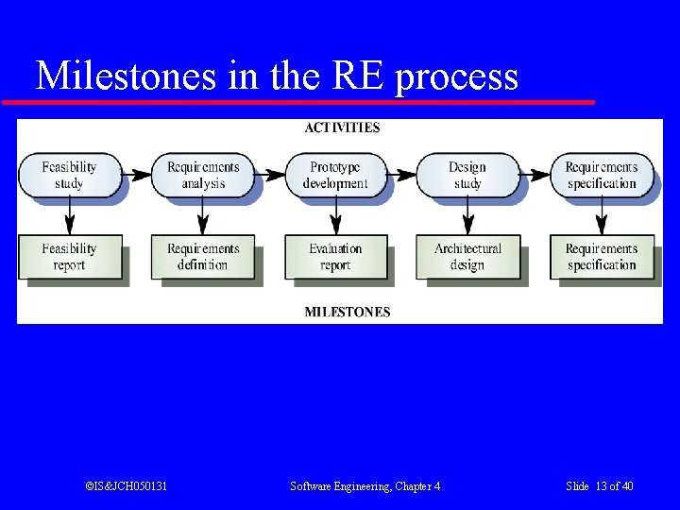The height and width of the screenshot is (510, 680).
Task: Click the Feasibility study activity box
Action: pyautogui.click(x=69, y=175)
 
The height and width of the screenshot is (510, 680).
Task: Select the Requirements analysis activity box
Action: pyautogui.click(x=203, y=175)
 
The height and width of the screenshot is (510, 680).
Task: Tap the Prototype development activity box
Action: pyautogui.click(x=335, y=175)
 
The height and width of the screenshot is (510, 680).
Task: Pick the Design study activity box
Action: pyautogui.click(x=467, y=175)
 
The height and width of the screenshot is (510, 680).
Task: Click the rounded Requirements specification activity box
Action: pyautogui.click(x=601, y=175)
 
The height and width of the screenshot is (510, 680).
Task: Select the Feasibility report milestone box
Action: pyautogui.click(x=69, y=257)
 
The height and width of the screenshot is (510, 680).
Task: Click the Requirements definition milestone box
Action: pyautogui.click(x=203, y=257)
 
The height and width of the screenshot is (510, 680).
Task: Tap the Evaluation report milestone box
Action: pyautogui.click(x=335, y=257)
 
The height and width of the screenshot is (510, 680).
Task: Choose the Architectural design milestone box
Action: pyautogui.click(x=467, y=257)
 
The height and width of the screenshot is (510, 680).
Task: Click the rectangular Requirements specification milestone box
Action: pyautogui.click(x=601, y=257)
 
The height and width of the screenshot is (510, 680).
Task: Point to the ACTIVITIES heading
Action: pyautogui.click(x=342, y=127)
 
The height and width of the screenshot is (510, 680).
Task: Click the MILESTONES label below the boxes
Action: pyautogui.click(x=347, y=312)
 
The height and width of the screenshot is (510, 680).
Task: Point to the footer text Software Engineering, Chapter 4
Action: pyautogui.click(x=365, y=486)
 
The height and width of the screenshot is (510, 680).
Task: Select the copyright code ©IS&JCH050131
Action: pyautogui.click(x=126, y=486)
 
